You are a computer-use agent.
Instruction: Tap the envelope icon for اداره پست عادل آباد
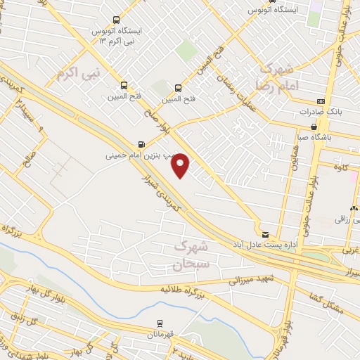pos(264,233)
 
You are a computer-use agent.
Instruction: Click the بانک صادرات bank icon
pos(321,101)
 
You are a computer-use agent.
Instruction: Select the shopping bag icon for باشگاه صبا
pos(314,127)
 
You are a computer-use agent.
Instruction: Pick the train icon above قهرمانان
pos(160,323)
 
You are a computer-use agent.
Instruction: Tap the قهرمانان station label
pos(160,335)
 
